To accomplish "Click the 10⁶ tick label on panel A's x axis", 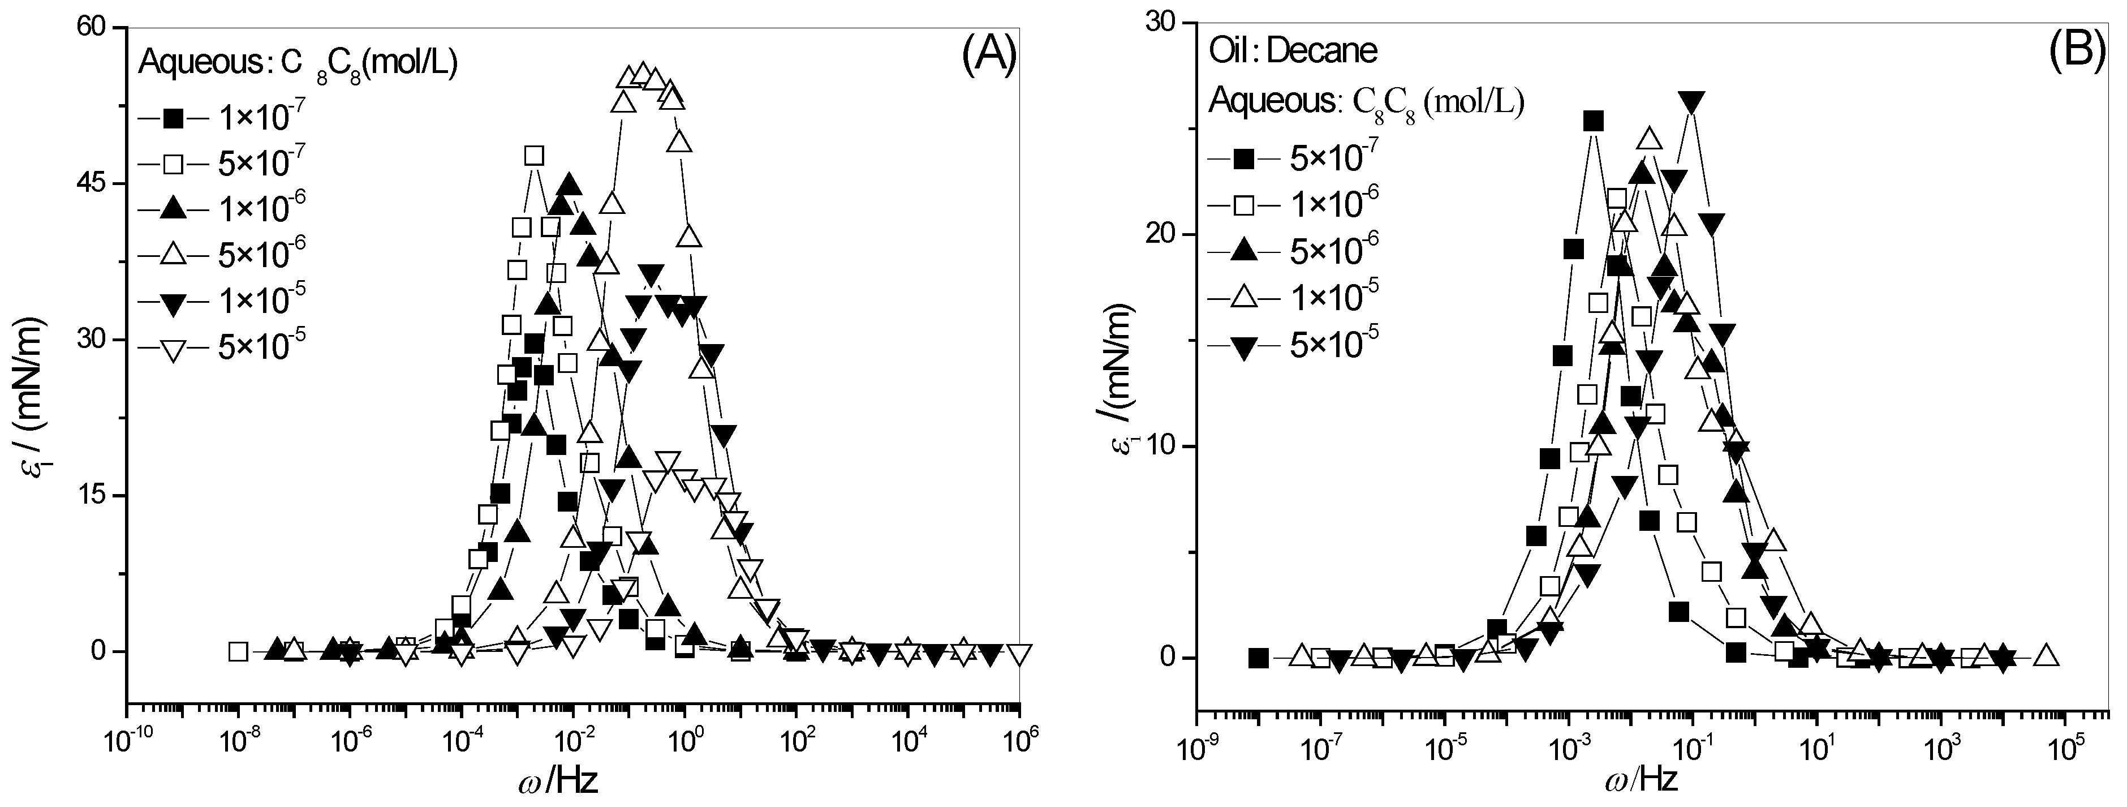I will [1021, 744].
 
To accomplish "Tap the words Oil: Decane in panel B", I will [1293, 51].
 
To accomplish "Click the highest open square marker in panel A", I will [534, 155].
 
